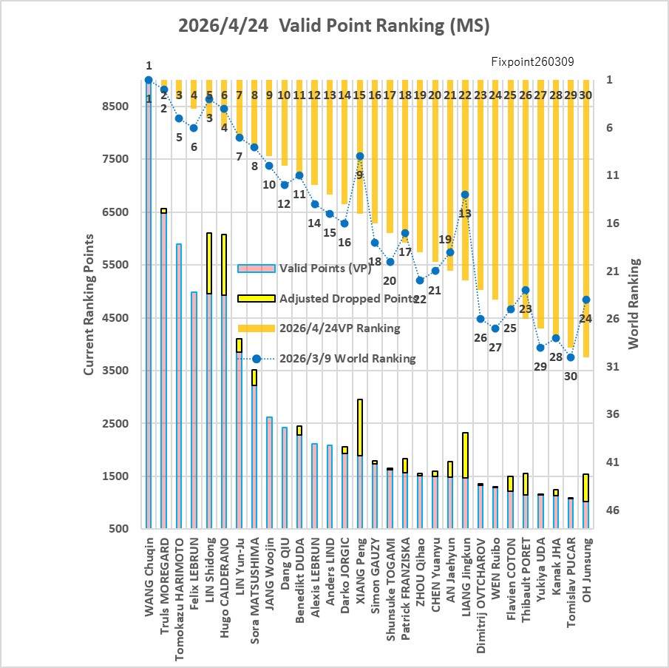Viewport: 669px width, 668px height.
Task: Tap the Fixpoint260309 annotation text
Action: point(532,62)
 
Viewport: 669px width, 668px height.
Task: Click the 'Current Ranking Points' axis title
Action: point(89,304)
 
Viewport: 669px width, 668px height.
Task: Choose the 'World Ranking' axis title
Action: point(635,303)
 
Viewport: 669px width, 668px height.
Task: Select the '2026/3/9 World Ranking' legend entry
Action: point(347,359)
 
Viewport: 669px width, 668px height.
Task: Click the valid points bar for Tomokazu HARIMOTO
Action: point(179,385)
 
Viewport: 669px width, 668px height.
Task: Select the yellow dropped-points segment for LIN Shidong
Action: point(209,263)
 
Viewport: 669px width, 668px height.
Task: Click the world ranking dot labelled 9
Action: point(360,156)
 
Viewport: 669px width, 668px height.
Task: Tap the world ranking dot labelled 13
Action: point(465,195)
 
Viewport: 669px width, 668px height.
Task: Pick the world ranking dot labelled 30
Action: point(571,357)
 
